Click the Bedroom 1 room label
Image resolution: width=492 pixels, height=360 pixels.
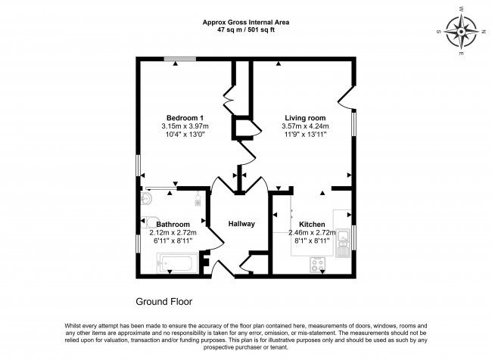pos(185,118)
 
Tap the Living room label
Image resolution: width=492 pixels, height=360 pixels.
pos(305,118)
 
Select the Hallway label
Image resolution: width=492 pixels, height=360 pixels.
pos(241,224)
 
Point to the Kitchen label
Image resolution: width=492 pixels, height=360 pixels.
pos(312,225)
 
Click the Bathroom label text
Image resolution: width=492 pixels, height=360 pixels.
pos(173,225)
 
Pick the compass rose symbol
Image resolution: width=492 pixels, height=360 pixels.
pos(461,32)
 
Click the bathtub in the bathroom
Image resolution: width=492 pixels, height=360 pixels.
pos(177,263)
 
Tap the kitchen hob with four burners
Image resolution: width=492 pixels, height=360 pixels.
pos(317,265)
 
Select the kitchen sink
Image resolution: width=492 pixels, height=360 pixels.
pos(343,243)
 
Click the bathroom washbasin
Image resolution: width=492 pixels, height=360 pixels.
pos(146,198)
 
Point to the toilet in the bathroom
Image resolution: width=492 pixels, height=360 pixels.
pos(149,222)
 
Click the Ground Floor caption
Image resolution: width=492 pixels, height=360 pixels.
pos(163,302)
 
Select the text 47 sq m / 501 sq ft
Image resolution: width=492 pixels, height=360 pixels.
pos(246,30)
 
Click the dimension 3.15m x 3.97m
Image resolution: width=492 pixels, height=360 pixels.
pos(185,126)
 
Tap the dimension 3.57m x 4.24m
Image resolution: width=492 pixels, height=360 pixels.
pos(305,126)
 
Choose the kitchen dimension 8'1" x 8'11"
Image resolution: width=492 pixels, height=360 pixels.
pos(312,241)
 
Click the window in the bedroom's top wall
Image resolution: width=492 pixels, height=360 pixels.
pos(180,59)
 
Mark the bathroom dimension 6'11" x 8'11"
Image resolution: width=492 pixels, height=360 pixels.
pos(173,241)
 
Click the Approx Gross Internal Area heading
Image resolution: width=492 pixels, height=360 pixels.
pos(246,22)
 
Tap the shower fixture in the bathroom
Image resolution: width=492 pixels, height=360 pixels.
pos(198,199)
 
